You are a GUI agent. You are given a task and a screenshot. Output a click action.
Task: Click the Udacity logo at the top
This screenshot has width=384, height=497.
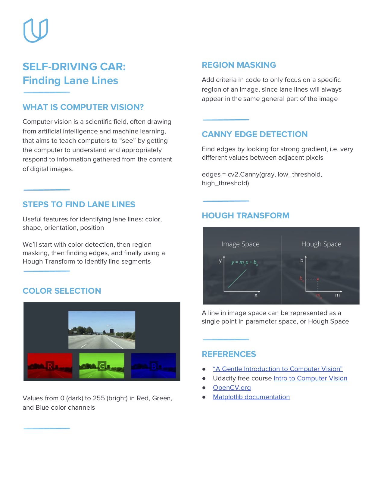36,30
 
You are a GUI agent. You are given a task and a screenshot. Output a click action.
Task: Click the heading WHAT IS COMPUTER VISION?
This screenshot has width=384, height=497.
83,107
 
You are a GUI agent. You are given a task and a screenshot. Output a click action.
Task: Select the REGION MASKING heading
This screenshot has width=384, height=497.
239,65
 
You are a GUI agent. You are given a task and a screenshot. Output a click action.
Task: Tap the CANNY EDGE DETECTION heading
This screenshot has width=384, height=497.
254,134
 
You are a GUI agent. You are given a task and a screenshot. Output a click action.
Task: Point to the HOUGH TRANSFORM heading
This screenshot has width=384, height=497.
245,216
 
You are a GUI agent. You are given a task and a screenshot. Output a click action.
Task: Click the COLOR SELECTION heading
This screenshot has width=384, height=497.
62,291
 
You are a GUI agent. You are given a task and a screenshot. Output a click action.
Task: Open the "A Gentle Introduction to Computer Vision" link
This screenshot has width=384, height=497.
278,369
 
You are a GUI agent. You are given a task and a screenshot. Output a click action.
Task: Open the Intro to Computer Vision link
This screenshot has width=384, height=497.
311,378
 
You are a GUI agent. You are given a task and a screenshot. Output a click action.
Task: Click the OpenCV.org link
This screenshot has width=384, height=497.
232,388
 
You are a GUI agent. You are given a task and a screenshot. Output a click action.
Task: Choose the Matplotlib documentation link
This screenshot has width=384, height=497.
251,397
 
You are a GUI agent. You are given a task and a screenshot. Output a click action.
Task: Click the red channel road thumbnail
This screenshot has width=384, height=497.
50,366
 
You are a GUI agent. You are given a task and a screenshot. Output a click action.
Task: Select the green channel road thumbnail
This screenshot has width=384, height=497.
102,366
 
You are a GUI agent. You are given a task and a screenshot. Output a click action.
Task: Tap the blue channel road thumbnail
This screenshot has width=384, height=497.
154,366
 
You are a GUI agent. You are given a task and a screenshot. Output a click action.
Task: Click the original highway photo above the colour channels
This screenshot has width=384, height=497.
102,330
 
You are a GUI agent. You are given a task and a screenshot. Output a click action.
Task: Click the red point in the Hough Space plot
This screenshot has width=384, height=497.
318,279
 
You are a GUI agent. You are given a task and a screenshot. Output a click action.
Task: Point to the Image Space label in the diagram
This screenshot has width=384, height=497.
240,244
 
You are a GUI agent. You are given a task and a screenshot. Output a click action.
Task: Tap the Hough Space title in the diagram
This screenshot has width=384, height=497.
321,244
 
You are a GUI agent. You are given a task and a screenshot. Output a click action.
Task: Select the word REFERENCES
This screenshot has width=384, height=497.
229,354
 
